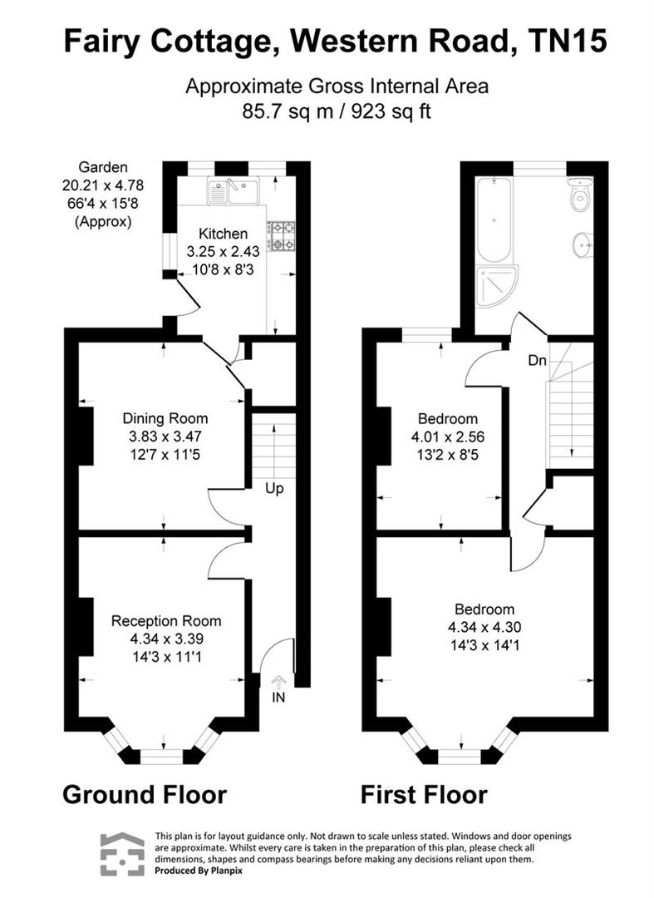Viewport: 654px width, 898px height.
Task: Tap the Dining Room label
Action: (165, 418)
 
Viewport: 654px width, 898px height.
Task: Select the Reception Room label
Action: (166, 620)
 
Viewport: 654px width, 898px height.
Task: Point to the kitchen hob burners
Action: (282, 234)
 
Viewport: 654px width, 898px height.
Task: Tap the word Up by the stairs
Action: (274, 488)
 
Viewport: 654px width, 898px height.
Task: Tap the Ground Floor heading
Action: (145, 794)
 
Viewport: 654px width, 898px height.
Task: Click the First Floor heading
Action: (424, 794)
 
